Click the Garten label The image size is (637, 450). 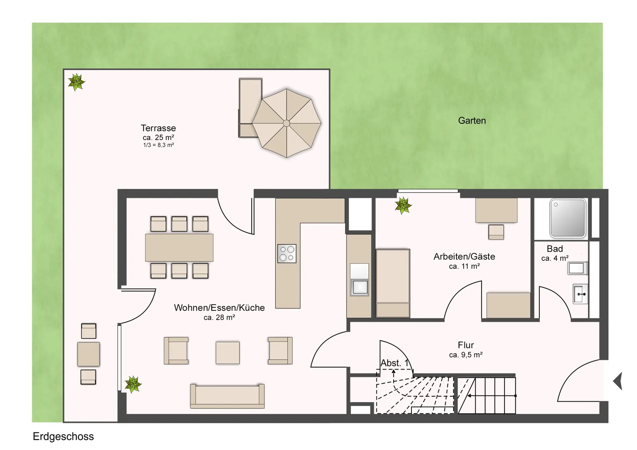pos(472,120)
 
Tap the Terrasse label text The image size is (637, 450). pos(158,128)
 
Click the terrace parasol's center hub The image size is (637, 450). pos(286,123)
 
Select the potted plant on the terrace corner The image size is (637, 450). pos(76,82)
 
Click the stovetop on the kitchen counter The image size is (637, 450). pos(287,253)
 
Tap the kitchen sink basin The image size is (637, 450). pos(359,287)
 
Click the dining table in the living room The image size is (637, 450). pos(179,247)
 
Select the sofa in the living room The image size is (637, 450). pos(227,396)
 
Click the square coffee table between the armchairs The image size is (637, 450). pos(228,353)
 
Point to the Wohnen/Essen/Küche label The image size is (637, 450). pos(219,307)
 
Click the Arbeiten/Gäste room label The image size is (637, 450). pos(464,256)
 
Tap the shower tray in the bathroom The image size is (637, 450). pos(568,218)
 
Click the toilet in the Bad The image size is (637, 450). pos(577,268)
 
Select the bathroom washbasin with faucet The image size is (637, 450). pos(580,294)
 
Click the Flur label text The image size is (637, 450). pos(466,345)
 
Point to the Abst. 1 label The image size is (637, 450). pos(394,363)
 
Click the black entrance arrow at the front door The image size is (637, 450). pos(618,381)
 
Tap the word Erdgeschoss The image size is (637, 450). pos(63,436)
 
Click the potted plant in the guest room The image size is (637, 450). pos(403,205)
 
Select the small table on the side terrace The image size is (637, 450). pos(88,354)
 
